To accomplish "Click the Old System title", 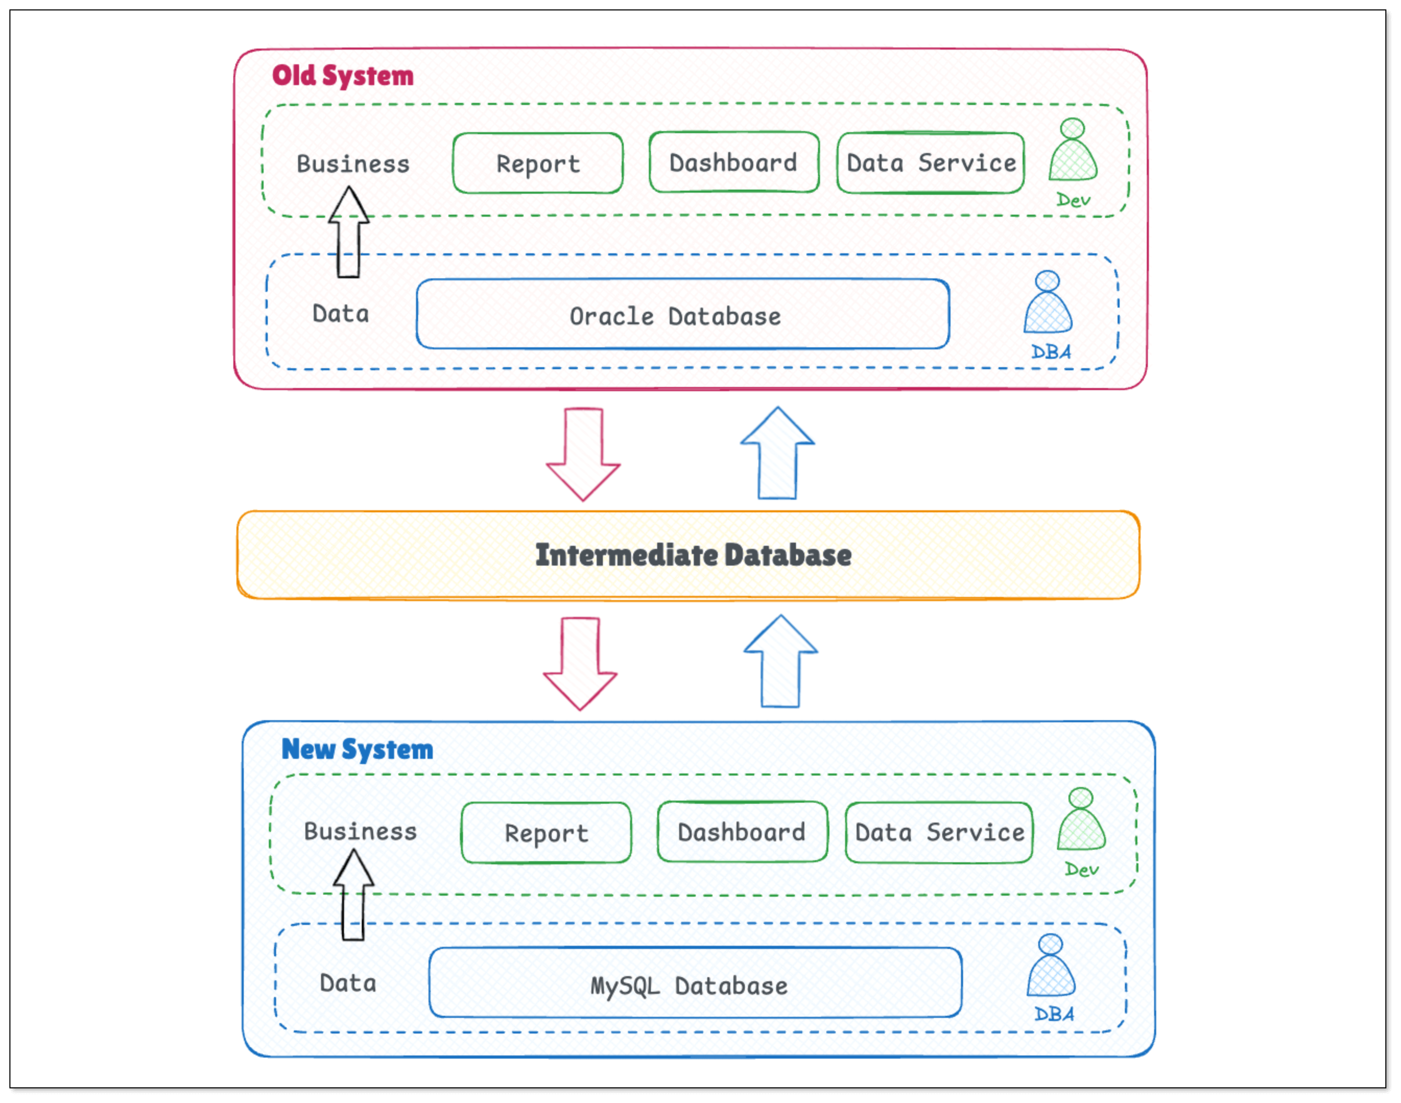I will (x=342, y=76).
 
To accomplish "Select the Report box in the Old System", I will (x=538, y=163).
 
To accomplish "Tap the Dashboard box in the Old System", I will (x=734, y=162).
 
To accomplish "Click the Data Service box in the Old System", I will (x=931, y=163).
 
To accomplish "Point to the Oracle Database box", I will (x=682, y=314).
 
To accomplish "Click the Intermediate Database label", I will (x=693, y=555).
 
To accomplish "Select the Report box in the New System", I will (x=546, y=833).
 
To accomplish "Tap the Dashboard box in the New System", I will (x=742, y=832).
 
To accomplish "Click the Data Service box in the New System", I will (x=939, y=832).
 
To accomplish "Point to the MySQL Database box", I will (x=695, y=983).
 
